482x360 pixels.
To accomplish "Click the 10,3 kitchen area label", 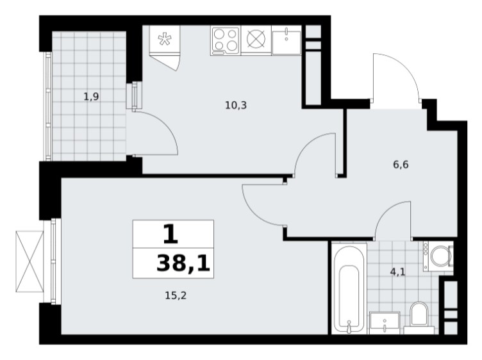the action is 236,106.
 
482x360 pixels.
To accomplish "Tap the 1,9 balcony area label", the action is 91,97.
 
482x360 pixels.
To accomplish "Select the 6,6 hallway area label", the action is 401,165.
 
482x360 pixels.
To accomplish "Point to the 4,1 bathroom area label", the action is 398,272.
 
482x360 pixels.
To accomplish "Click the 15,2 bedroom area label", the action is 176,296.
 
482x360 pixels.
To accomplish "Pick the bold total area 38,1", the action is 183,263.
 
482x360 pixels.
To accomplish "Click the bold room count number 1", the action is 170,234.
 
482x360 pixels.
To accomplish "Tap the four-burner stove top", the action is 226,40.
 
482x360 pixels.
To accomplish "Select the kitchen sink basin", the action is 286,40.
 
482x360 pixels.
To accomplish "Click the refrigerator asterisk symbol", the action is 165,39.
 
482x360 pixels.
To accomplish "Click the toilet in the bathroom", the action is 419,316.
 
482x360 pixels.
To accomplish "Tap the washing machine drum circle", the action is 440,256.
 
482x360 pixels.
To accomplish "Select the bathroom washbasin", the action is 385,323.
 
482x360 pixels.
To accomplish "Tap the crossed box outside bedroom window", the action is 29,261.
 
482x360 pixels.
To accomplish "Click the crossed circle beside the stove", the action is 256,40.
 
